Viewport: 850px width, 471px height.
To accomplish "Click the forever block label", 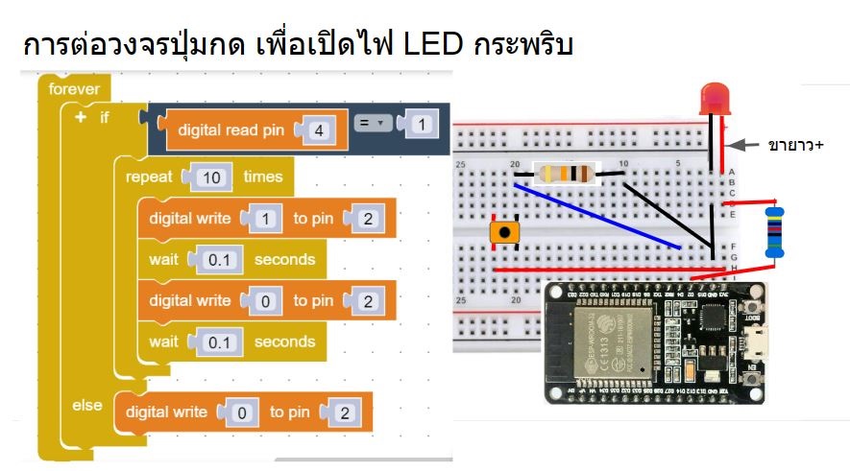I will point(74,89).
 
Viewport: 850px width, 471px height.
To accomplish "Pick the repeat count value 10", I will point(212,177).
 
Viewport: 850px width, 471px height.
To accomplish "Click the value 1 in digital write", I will point(265,219).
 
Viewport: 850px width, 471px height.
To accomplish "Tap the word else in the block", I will point(87,405).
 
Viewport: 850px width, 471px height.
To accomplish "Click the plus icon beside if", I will point(80,117).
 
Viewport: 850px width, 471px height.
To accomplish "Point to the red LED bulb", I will point(714,99).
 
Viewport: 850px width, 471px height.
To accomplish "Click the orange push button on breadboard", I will point(502,233).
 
